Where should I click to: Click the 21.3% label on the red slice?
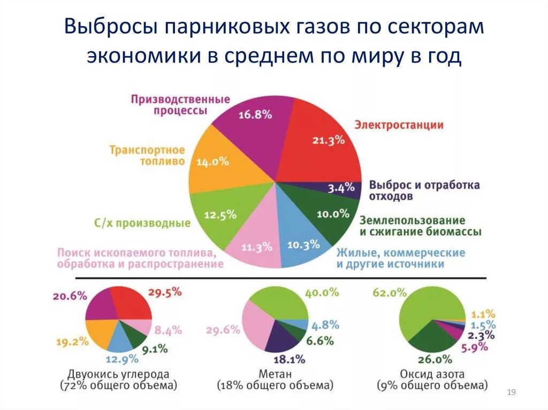coord(328,141)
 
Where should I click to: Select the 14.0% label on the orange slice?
coord(212,161)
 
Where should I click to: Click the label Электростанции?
coord(399,125)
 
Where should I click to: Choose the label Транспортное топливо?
coord(147,155)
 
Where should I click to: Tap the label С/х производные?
coord(142,223)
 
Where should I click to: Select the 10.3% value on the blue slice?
coord(303,245)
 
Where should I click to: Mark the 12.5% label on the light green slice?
coord(220,215)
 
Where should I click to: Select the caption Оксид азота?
coord(432,374)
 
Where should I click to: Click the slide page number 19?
coord(511,393)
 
